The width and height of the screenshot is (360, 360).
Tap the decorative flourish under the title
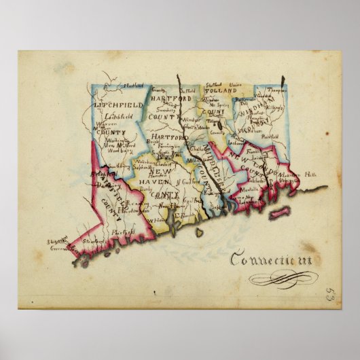(x=278, y=278)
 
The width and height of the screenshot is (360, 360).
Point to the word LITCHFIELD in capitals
(x=119, y=106)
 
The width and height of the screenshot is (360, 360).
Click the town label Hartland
(x=134, y=86)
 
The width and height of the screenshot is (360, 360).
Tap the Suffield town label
(x=188, y=89)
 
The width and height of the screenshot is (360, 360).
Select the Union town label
(x=235, y=86)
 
